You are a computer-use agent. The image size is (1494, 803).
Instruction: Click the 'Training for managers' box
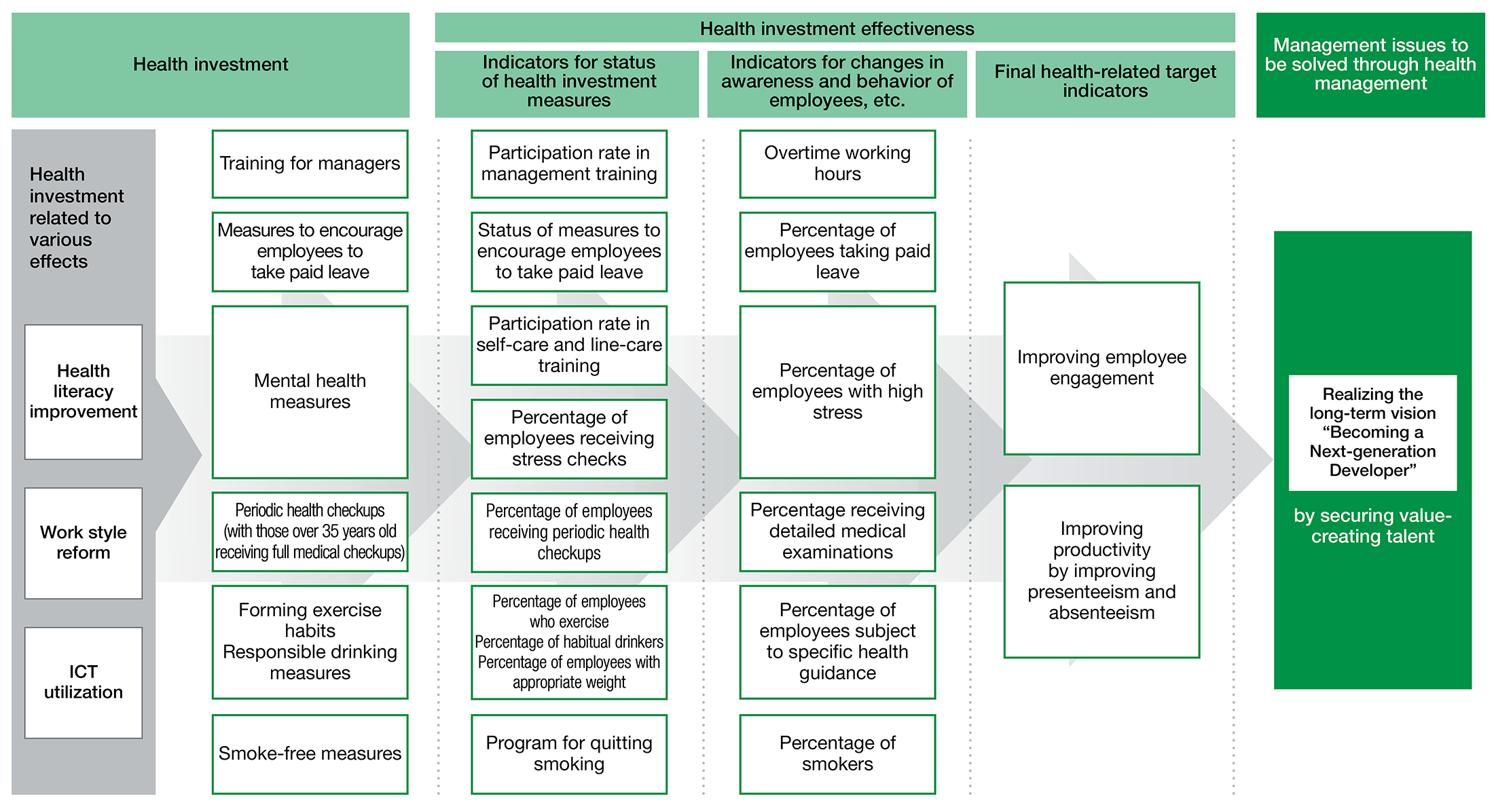310,164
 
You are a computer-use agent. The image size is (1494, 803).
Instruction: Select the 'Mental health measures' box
310,392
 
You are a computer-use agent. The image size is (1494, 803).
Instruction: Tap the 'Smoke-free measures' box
310,753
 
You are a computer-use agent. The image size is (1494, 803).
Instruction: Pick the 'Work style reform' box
84,543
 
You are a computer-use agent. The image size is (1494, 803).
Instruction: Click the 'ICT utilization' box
84,682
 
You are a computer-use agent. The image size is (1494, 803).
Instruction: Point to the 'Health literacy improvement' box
84,392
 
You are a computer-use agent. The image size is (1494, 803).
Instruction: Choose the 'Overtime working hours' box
837,164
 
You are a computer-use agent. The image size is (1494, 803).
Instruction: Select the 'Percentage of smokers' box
837,753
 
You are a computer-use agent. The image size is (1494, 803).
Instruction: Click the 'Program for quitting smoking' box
569,753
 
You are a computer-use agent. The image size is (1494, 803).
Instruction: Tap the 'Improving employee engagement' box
1101,368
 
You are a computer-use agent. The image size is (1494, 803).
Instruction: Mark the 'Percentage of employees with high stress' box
837,392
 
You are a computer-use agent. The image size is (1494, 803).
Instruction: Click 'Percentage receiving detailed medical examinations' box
837,531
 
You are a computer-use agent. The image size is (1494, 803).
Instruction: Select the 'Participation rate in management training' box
569,164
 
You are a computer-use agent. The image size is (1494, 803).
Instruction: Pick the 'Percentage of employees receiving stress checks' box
569,438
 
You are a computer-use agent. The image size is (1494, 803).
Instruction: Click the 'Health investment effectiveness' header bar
835,28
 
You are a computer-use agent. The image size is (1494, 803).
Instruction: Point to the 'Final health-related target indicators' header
1105,83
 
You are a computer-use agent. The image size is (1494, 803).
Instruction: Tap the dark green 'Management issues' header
1370,64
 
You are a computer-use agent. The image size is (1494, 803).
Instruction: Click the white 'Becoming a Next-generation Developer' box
1372,432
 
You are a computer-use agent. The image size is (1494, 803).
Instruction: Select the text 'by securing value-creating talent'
1372,526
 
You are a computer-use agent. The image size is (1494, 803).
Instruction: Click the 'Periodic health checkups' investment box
310,531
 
